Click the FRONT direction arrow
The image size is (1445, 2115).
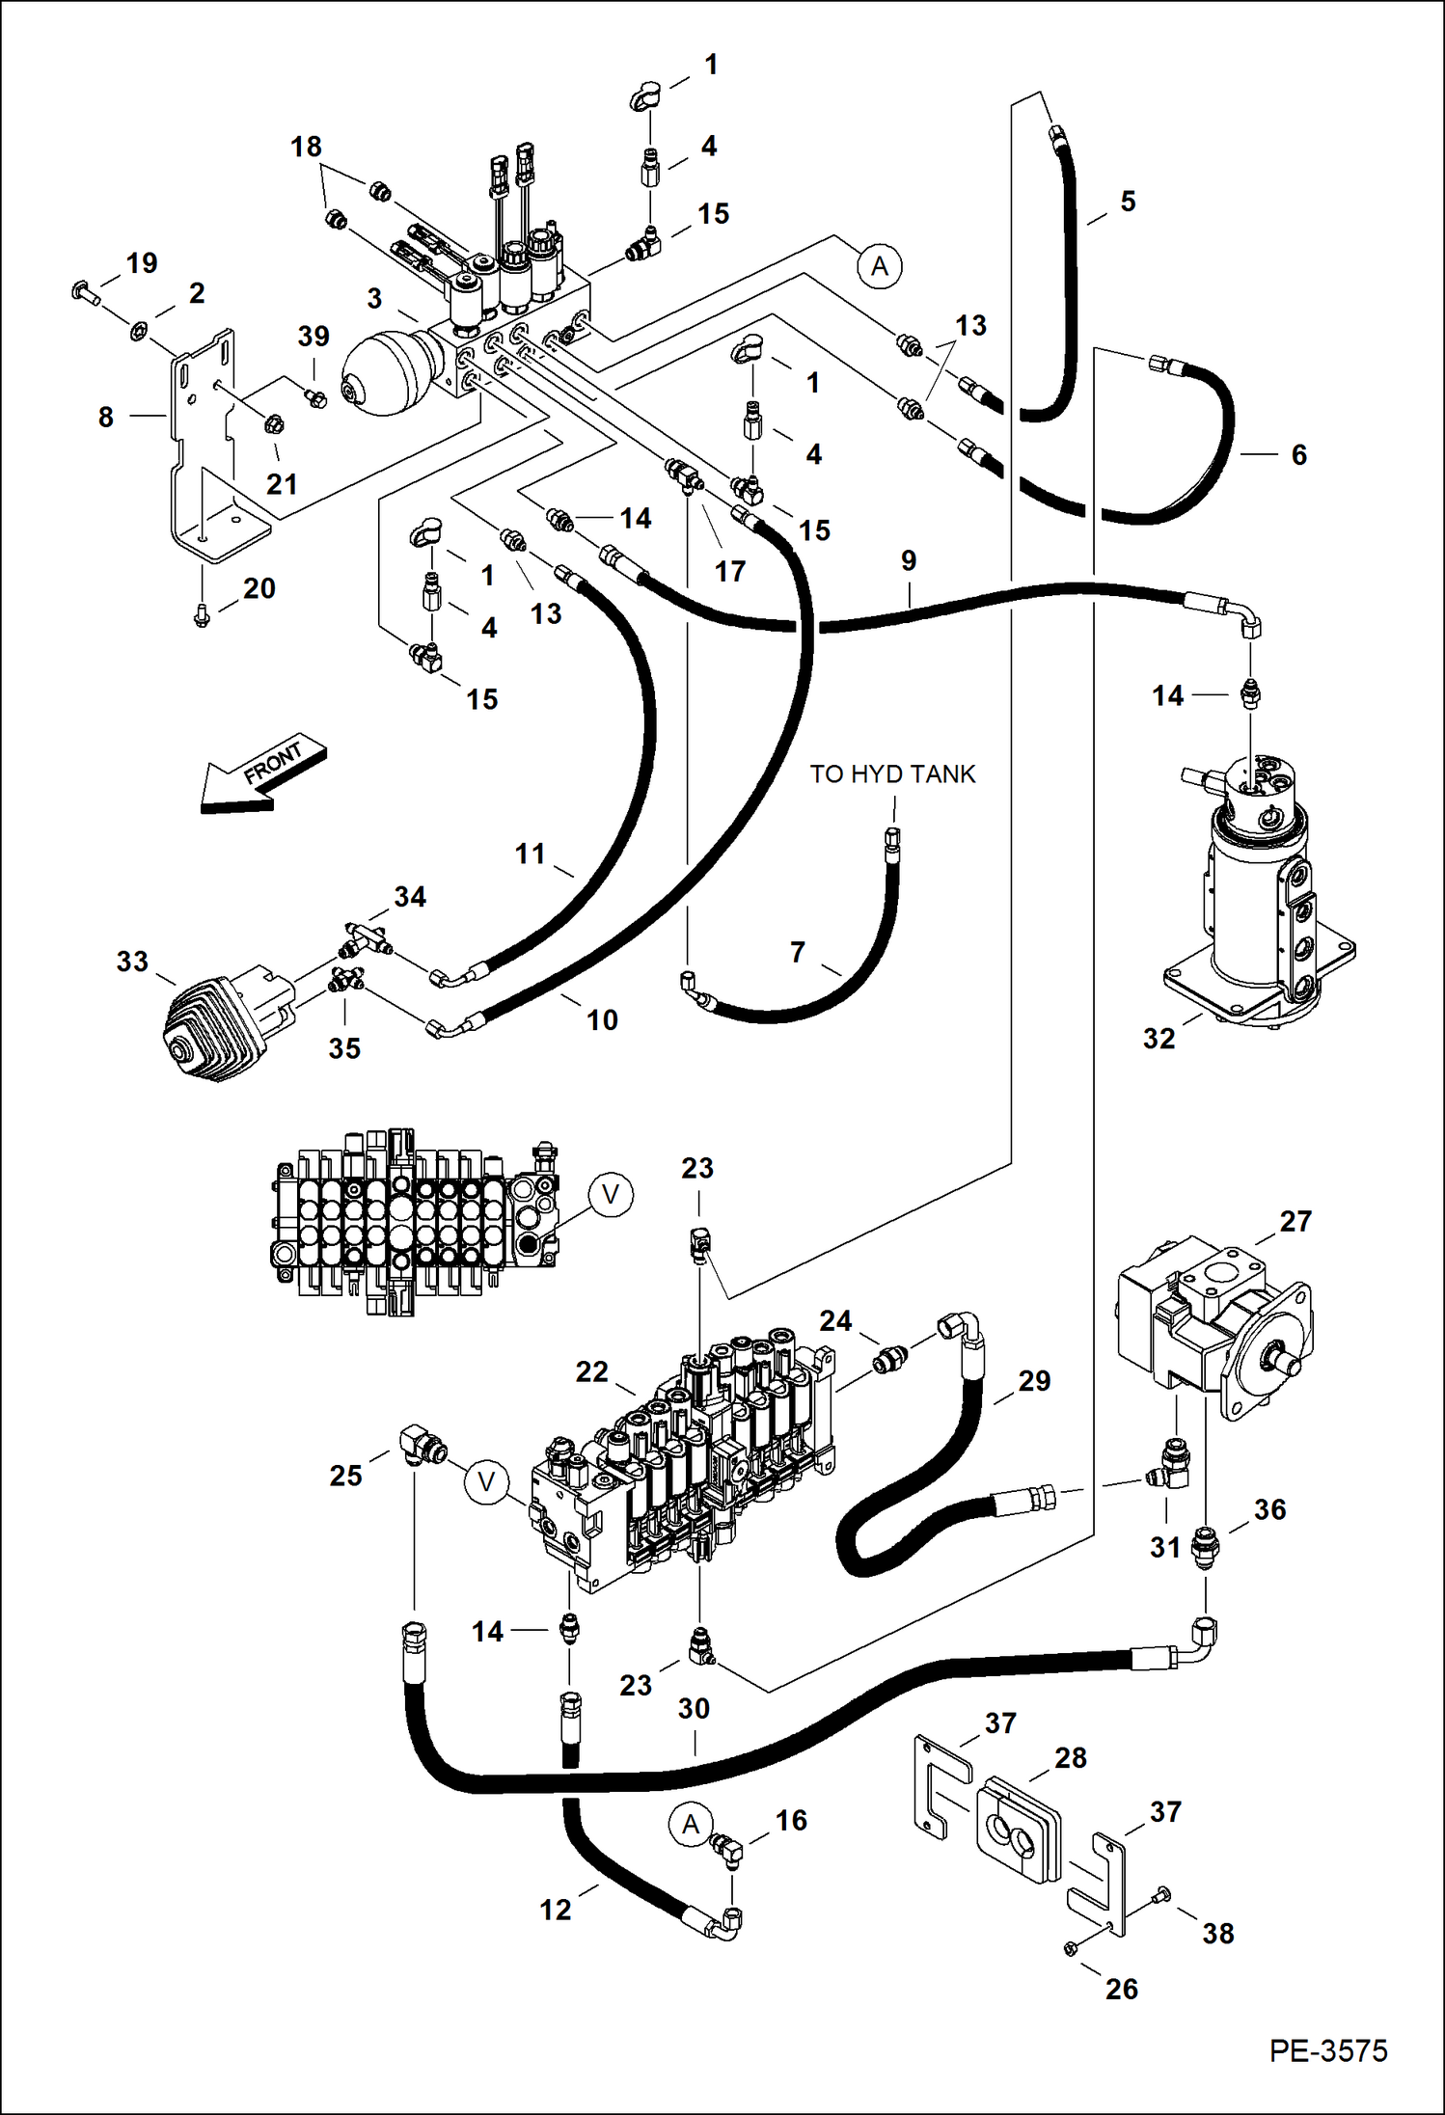tap(262, 773)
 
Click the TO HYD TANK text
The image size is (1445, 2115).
tap(892, 773)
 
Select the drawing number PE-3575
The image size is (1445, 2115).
tap(1327, 2049)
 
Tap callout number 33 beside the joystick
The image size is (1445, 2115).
tap(132, 961)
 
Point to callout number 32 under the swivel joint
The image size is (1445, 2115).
tap(1159, 1038)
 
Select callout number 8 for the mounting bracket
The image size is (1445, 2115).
tap(106, 417)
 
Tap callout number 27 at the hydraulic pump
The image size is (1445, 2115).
tap(1295, 1221)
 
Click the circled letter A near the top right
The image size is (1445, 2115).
tap(880, 265)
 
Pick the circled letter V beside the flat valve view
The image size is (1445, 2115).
tap(611, 1194)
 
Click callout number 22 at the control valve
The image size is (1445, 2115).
tap(591, 1371)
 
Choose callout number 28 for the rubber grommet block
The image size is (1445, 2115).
tap(1071, 1757)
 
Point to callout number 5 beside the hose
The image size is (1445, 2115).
tap(1128, 202)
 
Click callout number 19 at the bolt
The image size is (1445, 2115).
tap(142, 262)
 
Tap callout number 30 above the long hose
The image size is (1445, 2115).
tap(694, 1708)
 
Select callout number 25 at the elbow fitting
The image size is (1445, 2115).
tap(345, 1475)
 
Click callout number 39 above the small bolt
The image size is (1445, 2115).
tap(314, 336)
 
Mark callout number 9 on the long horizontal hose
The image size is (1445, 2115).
tap(909, 560)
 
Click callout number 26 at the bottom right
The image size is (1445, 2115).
tap(1121, 1988)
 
